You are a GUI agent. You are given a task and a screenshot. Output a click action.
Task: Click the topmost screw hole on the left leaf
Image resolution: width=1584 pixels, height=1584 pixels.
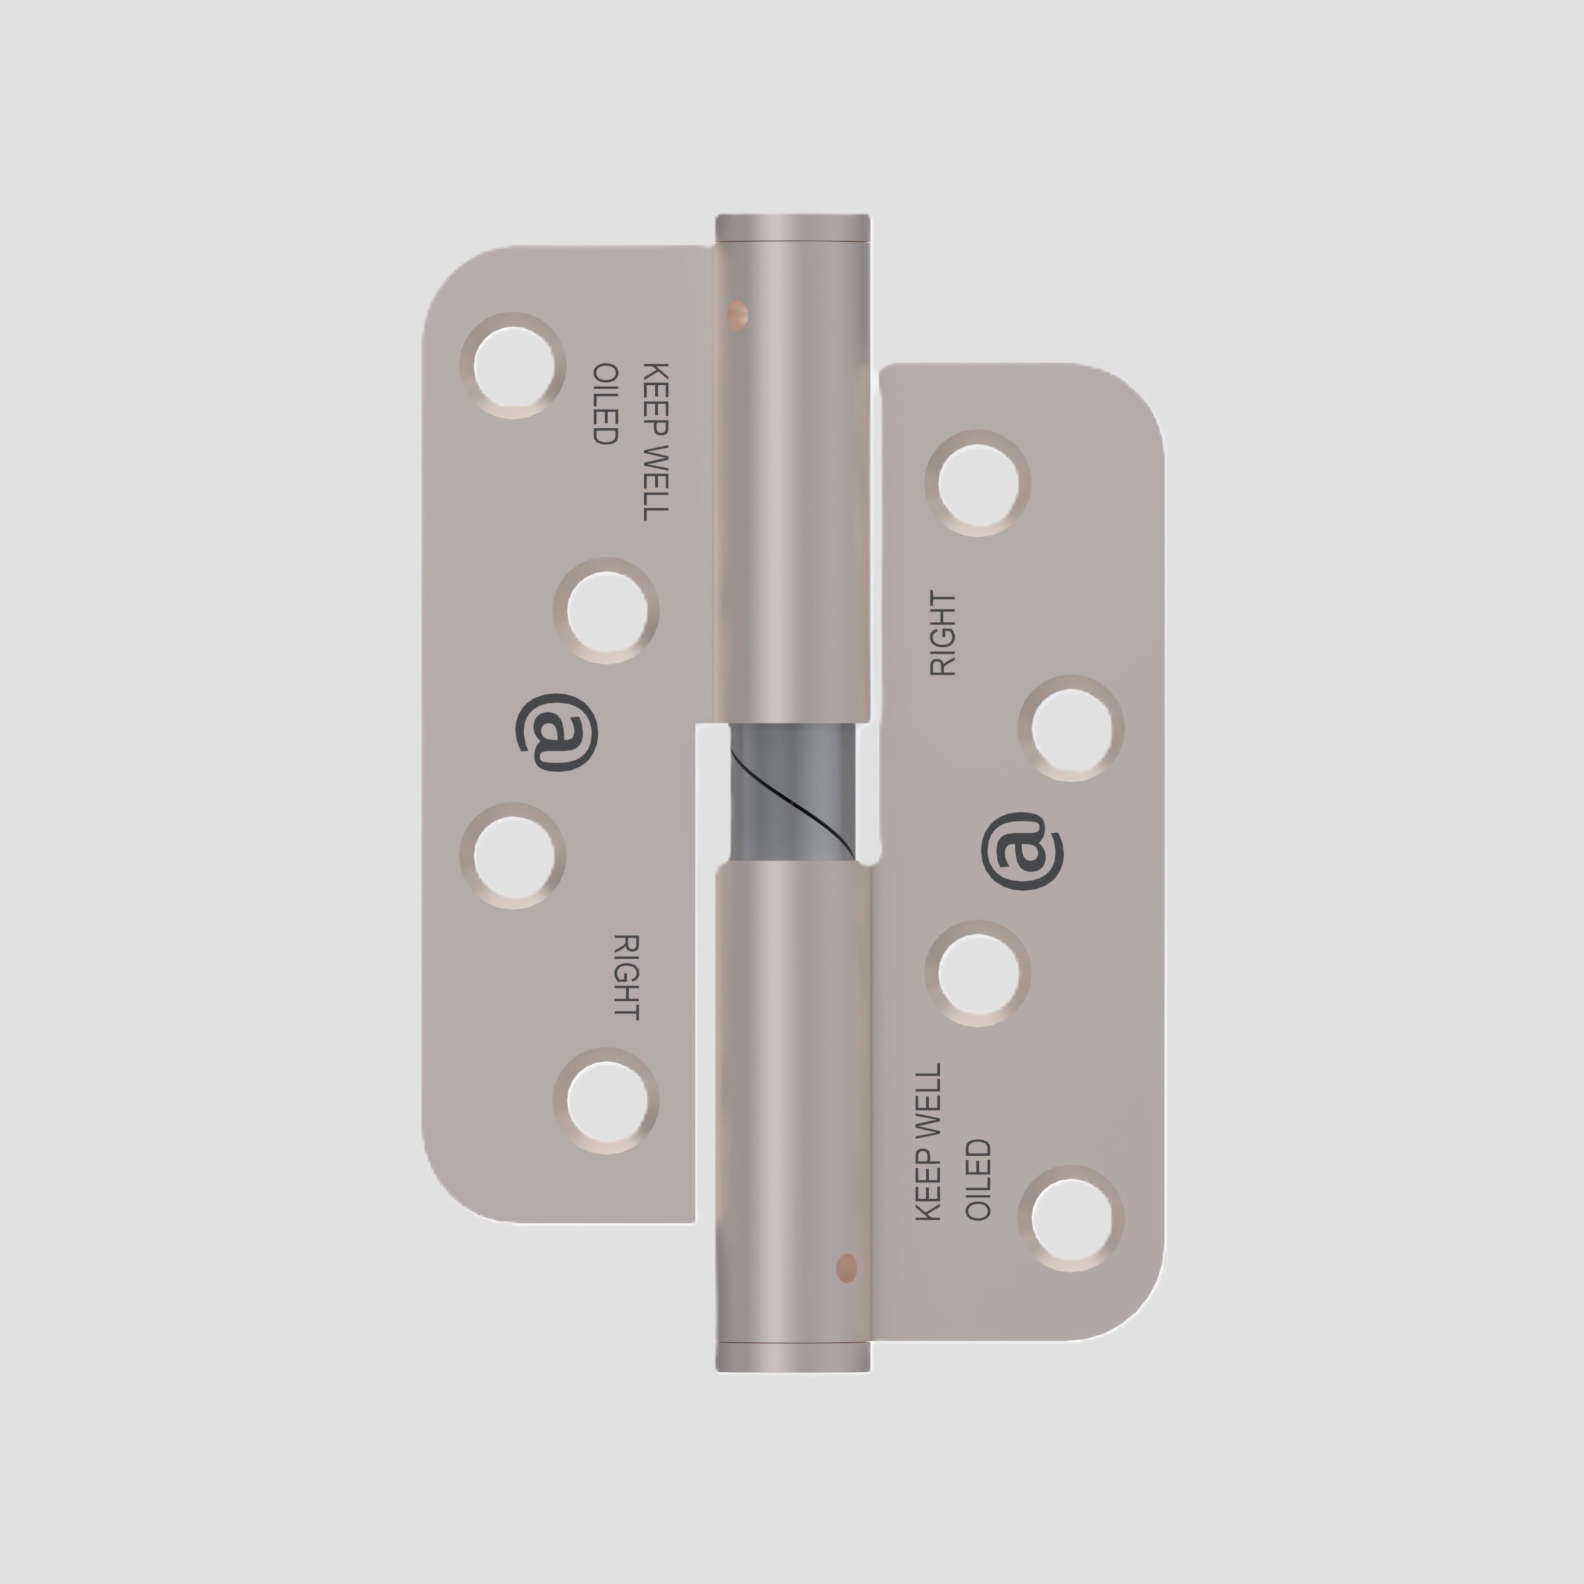[x=512, y=366]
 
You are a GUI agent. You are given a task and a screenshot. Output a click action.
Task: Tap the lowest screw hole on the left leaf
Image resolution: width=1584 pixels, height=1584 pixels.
[x=606, y=1101]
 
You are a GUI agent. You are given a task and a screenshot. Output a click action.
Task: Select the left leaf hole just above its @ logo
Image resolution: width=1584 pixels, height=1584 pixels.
[x=606, y=611]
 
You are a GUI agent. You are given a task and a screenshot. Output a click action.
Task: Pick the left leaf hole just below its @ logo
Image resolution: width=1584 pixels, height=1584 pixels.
[x=512, y=856]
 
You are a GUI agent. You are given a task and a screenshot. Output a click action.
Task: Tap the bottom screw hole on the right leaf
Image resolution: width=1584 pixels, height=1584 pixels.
[x=1071, y=1218]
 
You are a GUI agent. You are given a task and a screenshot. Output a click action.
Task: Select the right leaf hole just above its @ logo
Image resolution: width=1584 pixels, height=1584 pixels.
[x=1071, y=728]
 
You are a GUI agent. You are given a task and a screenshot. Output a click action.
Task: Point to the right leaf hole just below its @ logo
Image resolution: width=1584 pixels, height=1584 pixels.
[x=977, y=973]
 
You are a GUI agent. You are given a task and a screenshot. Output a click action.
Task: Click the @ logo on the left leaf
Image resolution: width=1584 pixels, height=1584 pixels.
[x=557, y=732]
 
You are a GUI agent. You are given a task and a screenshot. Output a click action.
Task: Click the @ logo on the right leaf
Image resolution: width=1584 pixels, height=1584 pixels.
[x=1022, y=851]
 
